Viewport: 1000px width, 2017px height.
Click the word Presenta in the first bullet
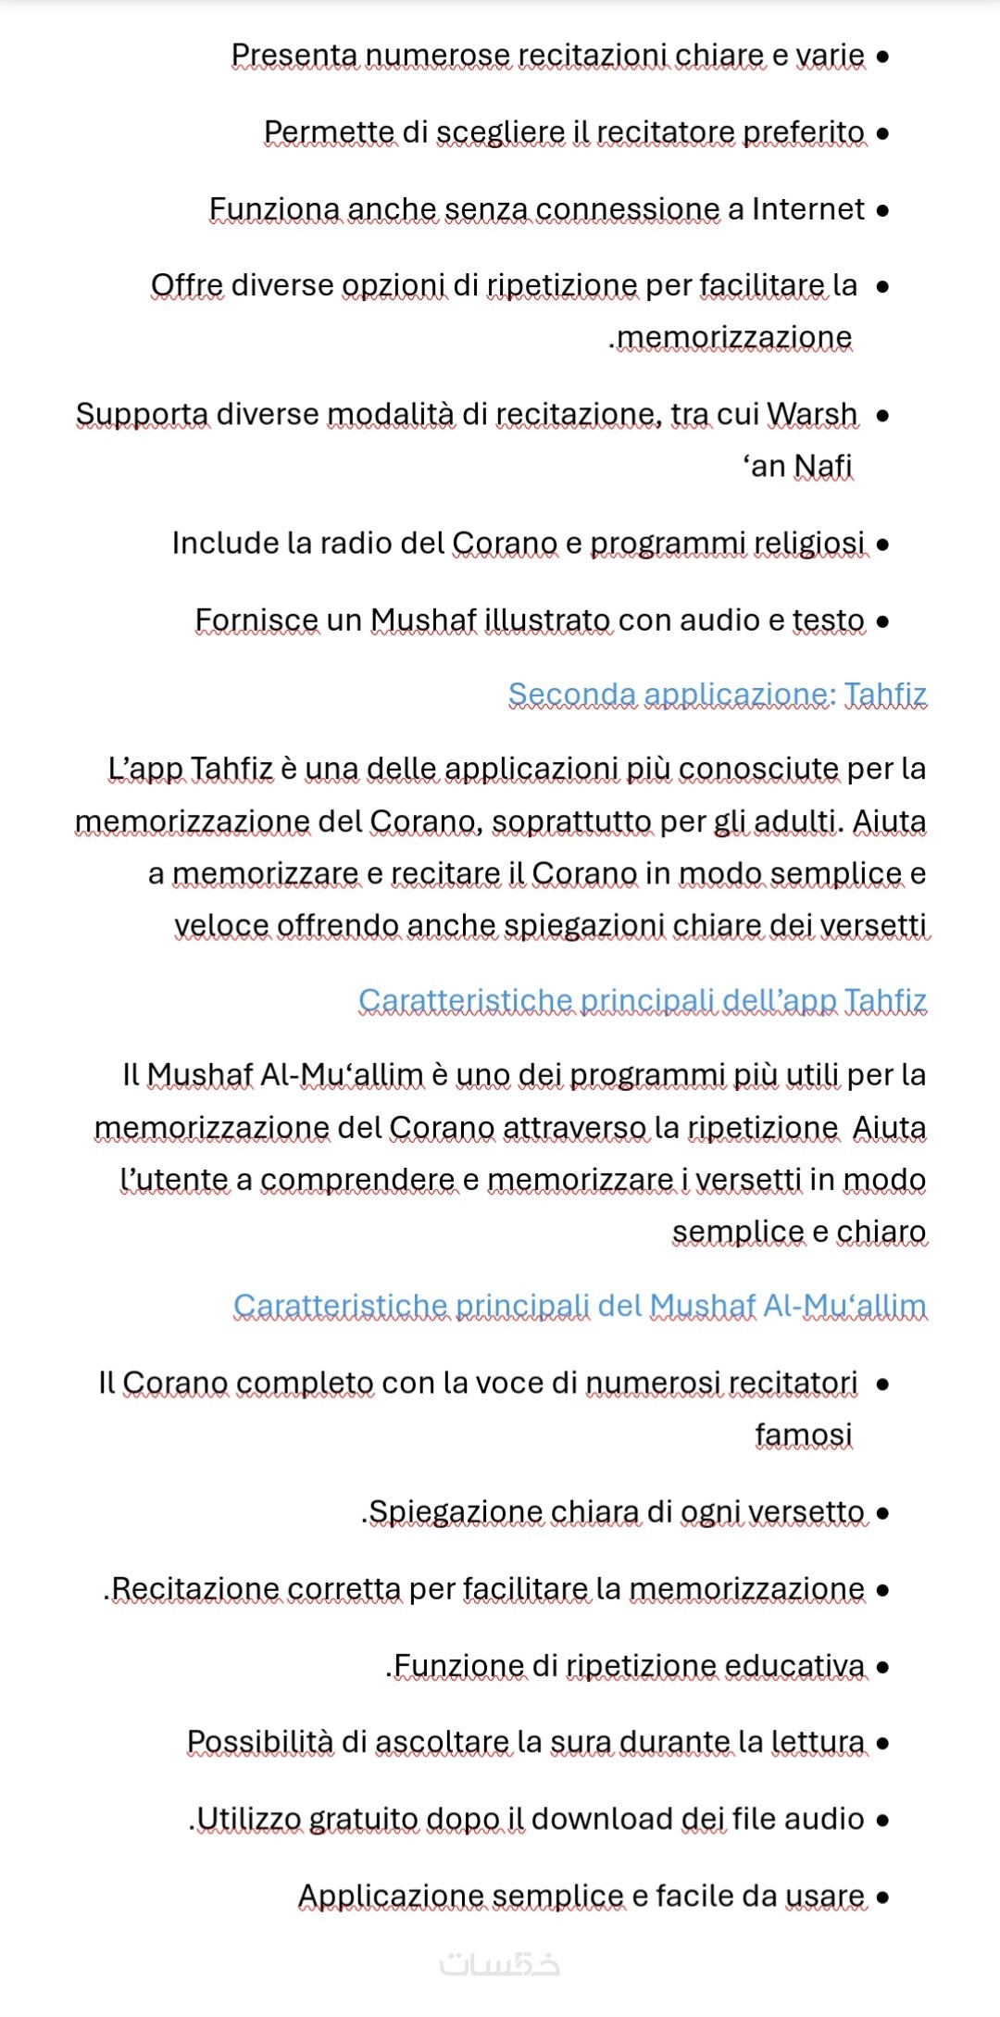(x=294, y=56)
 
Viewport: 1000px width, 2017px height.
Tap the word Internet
(x=808, y=209)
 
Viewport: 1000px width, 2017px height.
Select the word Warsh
(x=812, y=414)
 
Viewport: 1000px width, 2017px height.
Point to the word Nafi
(x=822, y=466)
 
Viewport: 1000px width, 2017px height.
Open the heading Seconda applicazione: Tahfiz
(x=717, y=695)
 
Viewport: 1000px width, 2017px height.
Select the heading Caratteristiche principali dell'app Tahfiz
(x=642, y=1001)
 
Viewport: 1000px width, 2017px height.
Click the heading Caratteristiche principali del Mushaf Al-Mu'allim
(x=580, y=1307)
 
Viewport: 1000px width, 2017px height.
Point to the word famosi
(x=803, y=1434)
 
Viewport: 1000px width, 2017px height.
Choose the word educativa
(x=794, y=1666)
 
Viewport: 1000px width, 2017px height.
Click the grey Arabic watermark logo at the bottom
(x=500, y=1963)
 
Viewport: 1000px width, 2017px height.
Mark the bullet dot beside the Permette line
(x=882, y=133)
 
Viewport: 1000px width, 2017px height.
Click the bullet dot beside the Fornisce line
(x=882, y=621)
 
